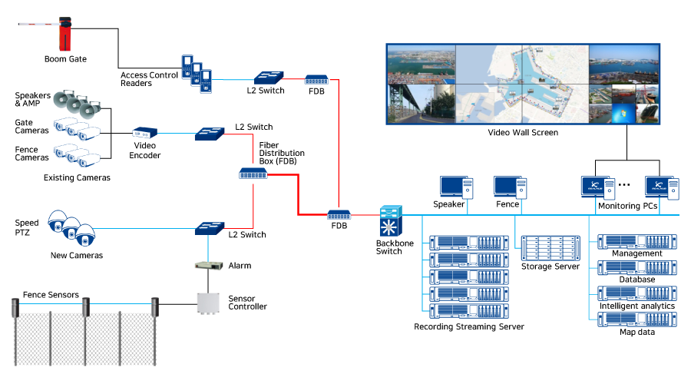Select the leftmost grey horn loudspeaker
tap(62, 99)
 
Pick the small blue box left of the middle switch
tap(144, 133)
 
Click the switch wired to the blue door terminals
tap(269, 78)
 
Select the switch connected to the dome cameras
tap(209, 228)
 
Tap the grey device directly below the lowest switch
tap(209, 266)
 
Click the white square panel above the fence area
tap(209, 305)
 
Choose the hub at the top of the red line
tap(316, 79)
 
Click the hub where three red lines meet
tap(253, 174)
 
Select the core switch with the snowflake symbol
tap(390, 221)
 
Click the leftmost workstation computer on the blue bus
tap(456, 187)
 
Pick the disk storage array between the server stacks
tap(550, 248)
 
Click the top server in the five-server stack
tap(468, 243)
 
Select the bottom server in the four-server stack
tap(637, 318)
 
